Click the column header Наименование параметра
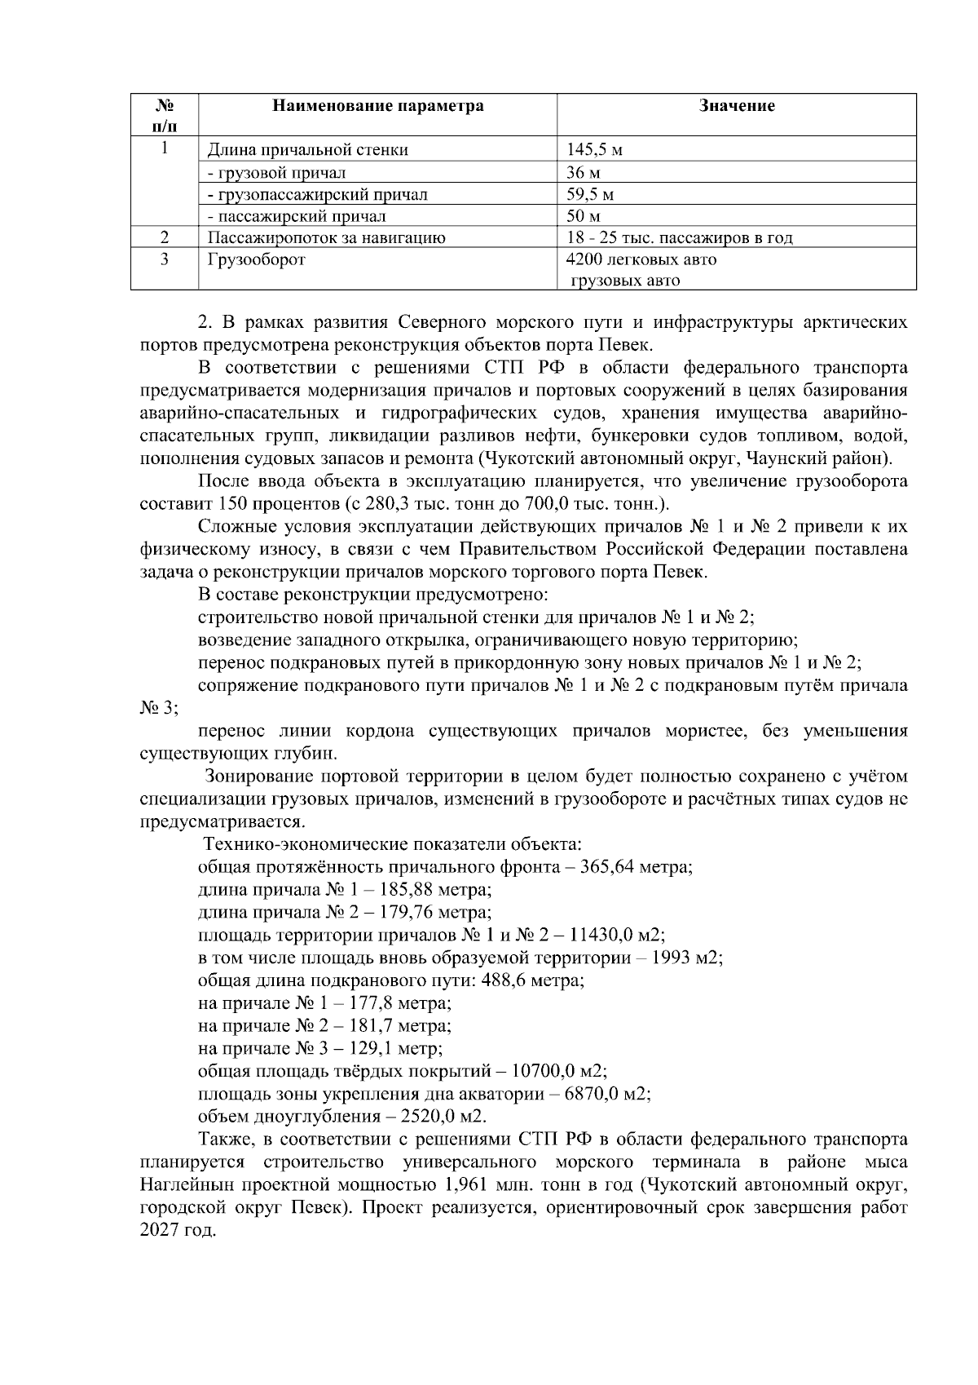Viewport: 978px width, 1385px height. click(377, 106)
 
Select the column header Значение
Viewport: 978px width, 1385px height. click(737, 106)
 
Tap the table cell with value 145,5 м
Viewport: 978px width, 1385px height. click(595, 150)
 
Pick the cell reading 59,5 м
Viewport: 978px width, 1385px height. click(590, 195)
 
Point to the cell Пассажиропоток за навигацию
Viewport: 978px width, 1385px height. click(326, 238)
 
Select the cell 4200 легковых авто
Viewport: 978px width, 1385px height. click(641, 260)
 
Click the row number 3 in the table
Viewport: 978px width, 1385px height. click(165, 260)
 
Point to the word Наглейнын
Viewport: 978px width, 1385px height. click(187, 1185)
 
